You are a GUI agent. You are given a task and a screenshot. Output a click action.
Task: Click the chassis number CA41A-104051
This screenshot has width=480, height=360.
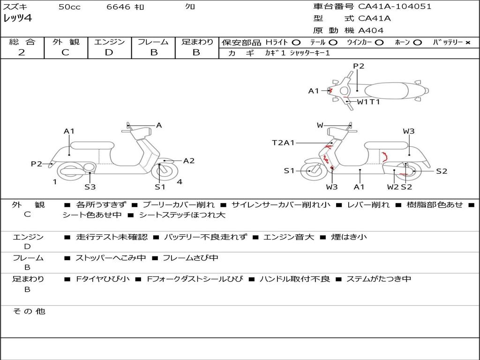(395, 7)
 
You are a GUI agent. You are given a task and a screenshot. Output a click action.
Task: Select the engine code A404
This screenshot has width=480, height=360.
(371, 30)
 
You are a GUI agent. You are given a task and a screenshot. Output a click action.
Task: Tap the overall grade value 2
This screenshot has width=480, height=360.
(22, 52)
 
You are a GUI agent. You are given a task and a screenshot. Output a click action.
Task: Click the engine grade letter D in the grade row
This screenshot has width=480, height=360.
(109, 52)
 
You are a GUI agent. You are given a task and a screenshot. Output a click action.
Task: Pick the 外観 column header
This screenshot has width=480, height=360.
(66, 42)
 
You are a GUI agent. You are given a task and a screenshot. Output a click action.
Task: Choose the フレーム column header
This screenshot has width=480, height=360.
(153, 42)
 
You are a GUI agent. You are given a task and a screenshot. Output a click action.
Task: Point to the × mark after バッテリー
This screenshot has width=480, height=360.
(467, 42)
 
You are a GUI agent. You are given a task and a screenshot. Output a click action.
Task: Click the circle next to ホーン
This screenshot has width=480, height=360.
(418, 42)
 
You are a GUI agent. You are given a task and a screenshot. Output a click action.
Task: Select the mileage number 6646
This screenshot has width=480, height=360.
(119, 7)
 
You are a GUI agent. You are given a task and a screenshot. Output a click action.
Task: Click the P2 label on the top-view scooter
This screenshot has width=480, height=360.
(359, 66)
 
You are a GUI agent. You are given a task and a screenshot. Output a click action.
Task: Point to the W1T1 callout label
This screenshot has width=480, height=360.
(368, 101)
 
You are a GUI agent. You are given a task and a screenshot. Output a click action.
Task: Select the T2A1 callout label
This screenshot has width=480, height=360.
(284, 142)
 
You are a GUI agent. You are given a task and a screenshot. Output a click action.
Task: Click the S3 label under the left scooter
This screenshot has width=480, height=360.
(90, 187)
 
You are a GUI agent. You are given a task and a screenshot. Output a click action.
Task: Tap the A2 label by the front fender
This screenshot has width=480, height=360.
(189, 161)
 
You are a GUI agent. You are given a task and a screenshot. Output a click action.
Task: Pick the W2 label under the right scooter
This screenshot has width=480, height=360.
(393, 187)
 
